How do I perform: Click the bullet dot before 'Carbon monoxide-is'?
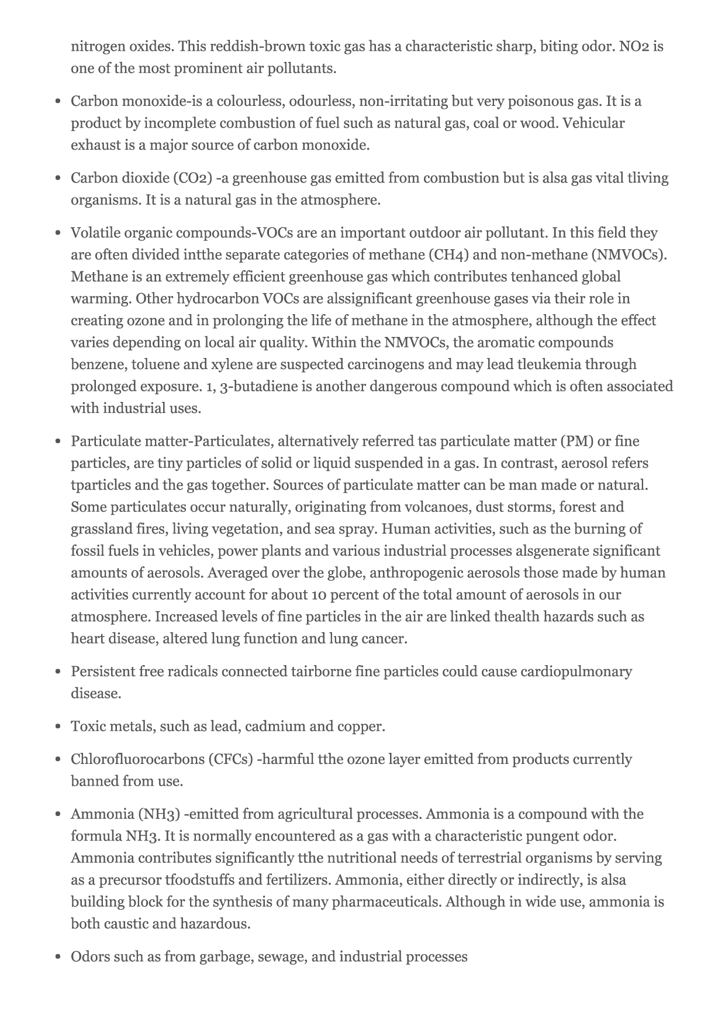(x=58, y=102)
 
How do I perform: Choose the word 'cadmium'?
(x=275, y=727)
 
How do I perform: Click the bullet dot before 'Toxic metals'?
(x=58, y=727)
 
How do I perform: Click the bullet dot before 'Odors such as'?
(x=58, y=958)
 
